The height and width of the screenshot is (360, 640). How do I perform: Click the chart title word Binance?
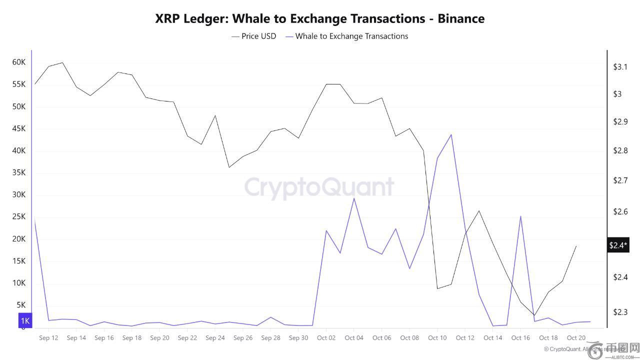[x=461, y=18]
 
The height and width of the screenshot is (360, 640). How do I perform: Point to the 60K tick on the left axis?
[x=19, y=62]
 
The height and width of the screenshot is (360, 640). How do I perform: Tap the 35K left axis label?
[x=19, y=172]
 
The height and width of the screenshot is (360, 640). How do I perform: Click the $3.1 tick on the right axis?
[x=620, y=66]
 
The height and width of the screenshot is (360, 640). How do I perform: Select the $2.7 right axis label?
[x=620, y=180]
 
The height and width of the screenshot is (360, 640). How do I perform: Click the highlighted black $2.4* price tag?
[x=618, y=245]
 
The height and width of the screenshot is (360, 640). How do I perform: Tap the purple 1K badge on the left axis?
[x=25, y=320]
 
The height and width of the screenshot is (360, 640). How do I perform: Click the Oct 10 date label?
[x=437, y=337]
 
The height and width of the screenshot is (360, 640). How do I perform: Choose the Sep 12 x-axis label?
[x=48, y=337]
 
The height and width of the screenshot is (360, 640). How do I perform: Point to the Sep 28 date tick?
[x=270, y=337]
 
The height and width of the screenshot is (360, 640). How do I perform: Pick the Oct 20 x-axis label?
[x=576, y=337]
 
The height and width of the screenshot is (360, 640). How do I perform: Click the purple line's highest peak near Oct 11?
[x=451, y=134]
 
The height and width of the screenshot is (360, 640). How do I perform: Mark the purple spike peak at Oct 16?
[x=520, y=216]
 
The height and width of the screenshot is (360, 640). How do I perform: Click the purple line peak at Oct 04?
[x=354, y=198]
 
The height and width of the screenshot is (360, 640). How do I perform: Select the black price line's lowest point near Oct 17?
[x=534, y=315]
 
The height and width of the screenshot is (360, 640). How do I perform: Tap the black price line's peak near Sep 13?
[x=62, y=62]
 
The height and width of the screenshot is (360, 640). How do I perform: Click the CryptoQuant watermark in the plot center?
[x=319, y=187]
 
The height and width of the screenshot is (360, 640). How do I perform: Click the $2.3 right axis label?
[x=620, y=312]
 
